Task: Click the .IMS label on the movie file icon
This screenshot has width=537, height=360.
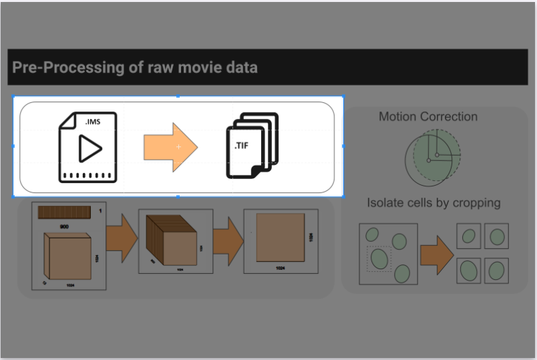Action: (93, 122)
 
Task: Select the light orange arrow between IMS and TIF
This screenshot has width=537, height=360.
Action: (170, 147)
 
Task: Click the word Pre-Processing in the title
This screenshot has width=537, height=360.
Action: (59, 67)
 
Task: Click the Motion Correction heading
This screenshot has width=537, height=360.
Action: (428, 116)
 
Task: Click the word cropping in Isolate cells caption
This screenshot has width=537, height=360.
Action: (476, 202)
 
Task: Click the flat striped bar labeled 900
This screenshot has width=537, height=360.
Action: (63, 213)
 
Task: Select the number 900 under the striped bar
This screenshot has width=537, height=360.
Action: (64, 227)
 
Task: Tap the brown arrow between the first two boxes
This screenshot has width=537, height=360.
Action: (122, 238)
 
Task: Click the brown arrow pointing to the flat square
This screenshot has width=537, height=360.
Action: (228, 238)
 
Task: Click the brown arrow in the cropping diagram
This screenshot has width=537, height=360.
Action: (436, 254)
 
